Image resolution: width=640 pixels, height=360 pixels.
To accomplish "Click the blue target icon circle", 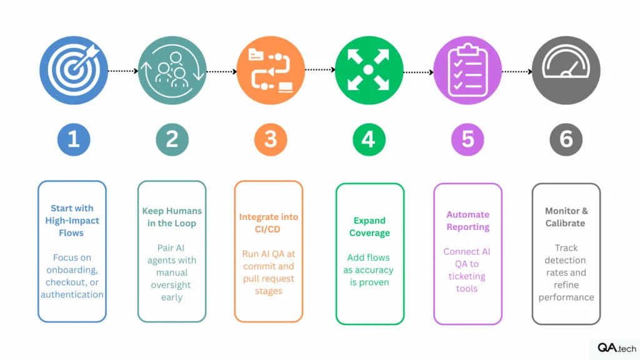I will pos(74,70).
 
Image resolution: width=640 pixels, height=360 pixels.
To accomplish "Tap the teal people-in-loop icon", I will pos(172,70).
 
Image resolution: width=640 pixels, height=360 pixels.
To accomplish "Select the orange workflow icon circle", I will pos(271,70).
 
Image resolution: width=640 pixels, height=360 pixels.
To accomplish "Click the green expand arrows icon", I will pos(369,70).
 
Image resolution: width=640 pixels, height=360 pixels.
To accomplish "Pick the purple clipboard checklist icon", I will pos(467,70).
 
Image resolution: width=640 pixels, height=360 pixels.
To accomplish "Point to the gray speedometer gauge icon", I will pos(566,70).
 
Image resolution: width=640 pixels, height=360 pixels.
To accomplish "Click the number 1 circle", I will pos(74,139).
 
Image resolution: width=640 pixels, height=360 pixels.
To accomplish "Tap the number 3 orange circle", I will pos(271,139).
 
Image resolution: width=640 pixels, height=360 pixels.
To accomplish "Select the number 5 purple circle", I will pos(467,139).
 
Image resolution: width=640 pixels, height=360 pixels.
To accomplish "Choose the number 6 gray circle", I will pos(566,139).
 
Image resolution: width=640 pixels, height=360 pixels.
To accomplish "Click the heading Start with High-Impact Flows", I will pos(72,221).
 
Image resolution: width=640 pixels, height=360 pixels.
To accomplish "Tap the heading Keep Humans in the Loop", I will pos(172,217).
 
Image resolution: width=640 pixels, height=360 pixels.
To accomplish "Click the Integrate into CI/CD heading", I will pos(269,223).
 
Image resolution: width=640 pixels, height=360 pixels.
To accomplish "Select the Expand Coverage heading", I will pos(369,226).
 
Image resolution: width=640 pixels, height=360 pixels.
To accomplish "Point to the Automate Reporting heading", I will pos(467,221).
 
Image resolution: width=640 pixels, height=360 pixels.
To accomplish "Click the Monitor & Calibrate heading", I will pos(566,217).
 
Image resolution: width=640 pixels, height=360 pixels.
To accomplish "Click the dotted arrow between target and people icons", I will pos(123,71).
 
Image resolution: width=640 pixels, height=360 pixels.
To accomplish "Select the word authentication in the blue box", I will pos(72,294).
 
